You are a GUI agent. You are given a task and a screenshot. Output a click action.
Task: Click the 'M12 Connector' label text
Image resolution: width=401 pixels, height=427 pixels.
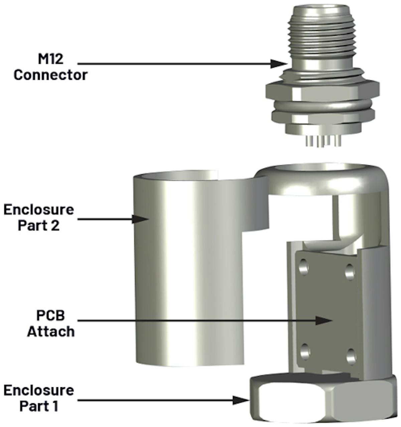(x=50, y=67)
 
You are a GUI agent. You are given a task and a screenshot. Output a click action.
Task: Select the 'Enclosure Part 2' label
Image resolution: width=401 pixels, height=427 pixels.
(x=38, y=217)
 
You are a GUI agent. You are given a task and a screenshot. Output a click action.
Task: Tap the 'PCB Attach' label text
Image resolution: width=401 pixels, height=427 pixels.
(x=51, y=324)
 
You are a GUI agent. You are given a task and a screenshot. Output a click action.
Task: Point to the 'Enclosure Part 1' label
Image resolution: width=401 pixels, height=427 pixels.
(x=38, y=398)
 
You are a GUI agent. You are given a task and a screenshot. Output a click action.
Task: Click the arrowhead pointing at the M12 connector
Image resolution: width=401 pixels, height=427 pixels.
(x=279, y=63)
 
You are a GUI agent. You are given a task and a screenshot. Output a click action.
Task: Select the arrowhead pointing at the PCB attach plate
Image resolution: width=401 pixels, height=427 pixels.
(x=323, y=321)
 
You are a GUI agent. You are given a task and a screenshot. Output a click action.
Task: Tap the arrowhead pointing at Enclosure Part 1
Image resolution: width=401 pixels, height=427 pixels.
(x=241, y=400)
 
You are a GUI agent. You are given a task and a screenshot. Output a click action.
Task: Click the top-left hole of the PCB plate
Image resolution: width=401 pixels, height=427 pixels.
(x=304, y=268)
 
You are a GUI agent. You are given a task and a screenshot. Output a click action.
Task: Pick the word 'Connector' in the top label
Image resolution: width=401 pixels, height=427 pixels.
(x=50, y=75)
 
